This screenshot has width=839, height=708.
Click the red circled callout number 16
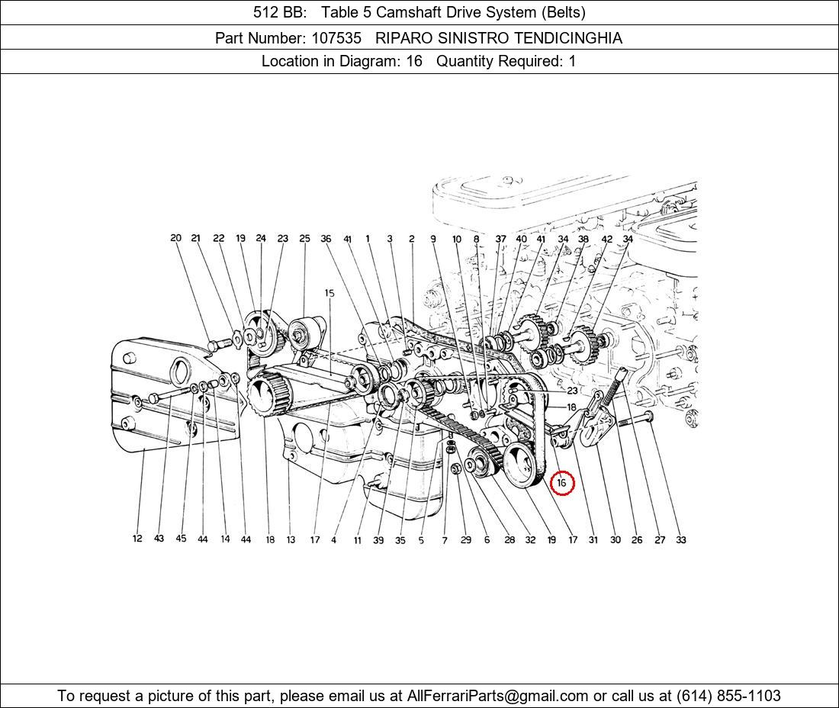[x=561, y=483]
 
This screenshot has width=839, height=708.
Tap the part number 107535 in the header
[x=336, y=38]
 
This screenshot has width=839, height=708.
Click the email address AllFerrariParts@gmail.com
[x=497, y=696]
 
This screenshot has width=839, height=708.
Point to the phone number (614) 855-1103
[x=728, y=696]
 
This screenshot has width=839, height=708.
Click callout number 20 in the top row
[x=175, y=237]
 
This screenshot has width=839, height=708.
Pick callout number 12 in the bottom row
[x=137, y=539]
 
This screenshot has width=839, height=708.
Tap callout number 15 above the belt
[x=329, y=293]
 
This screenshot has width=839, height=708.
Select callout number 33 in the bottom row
[x=680, y=539]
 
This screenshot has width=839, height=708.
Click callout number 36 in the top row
[x=326, y=239]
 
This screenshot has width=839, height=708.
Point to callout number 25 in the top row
[x=304, y=238]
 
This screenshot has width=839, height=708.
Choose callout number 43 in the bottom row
[x=159, y=539]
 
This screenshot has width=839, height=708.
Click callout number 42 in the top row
[x=607, y=239]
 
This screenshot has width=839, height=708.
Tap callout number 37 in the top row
[x=500, y=239]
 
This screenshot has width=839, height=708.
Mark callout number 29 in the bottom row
[x=466, y=540]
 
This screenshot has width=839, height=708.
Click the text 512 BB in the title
[x=280, y=12]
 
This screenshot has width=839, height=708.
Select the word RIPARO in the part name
[x=404, y=38]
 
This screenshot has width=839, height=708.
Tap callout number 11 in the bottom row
[x=358, y=540]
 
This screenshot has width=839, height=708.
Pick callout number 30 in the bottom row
[x=616, y=539]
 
